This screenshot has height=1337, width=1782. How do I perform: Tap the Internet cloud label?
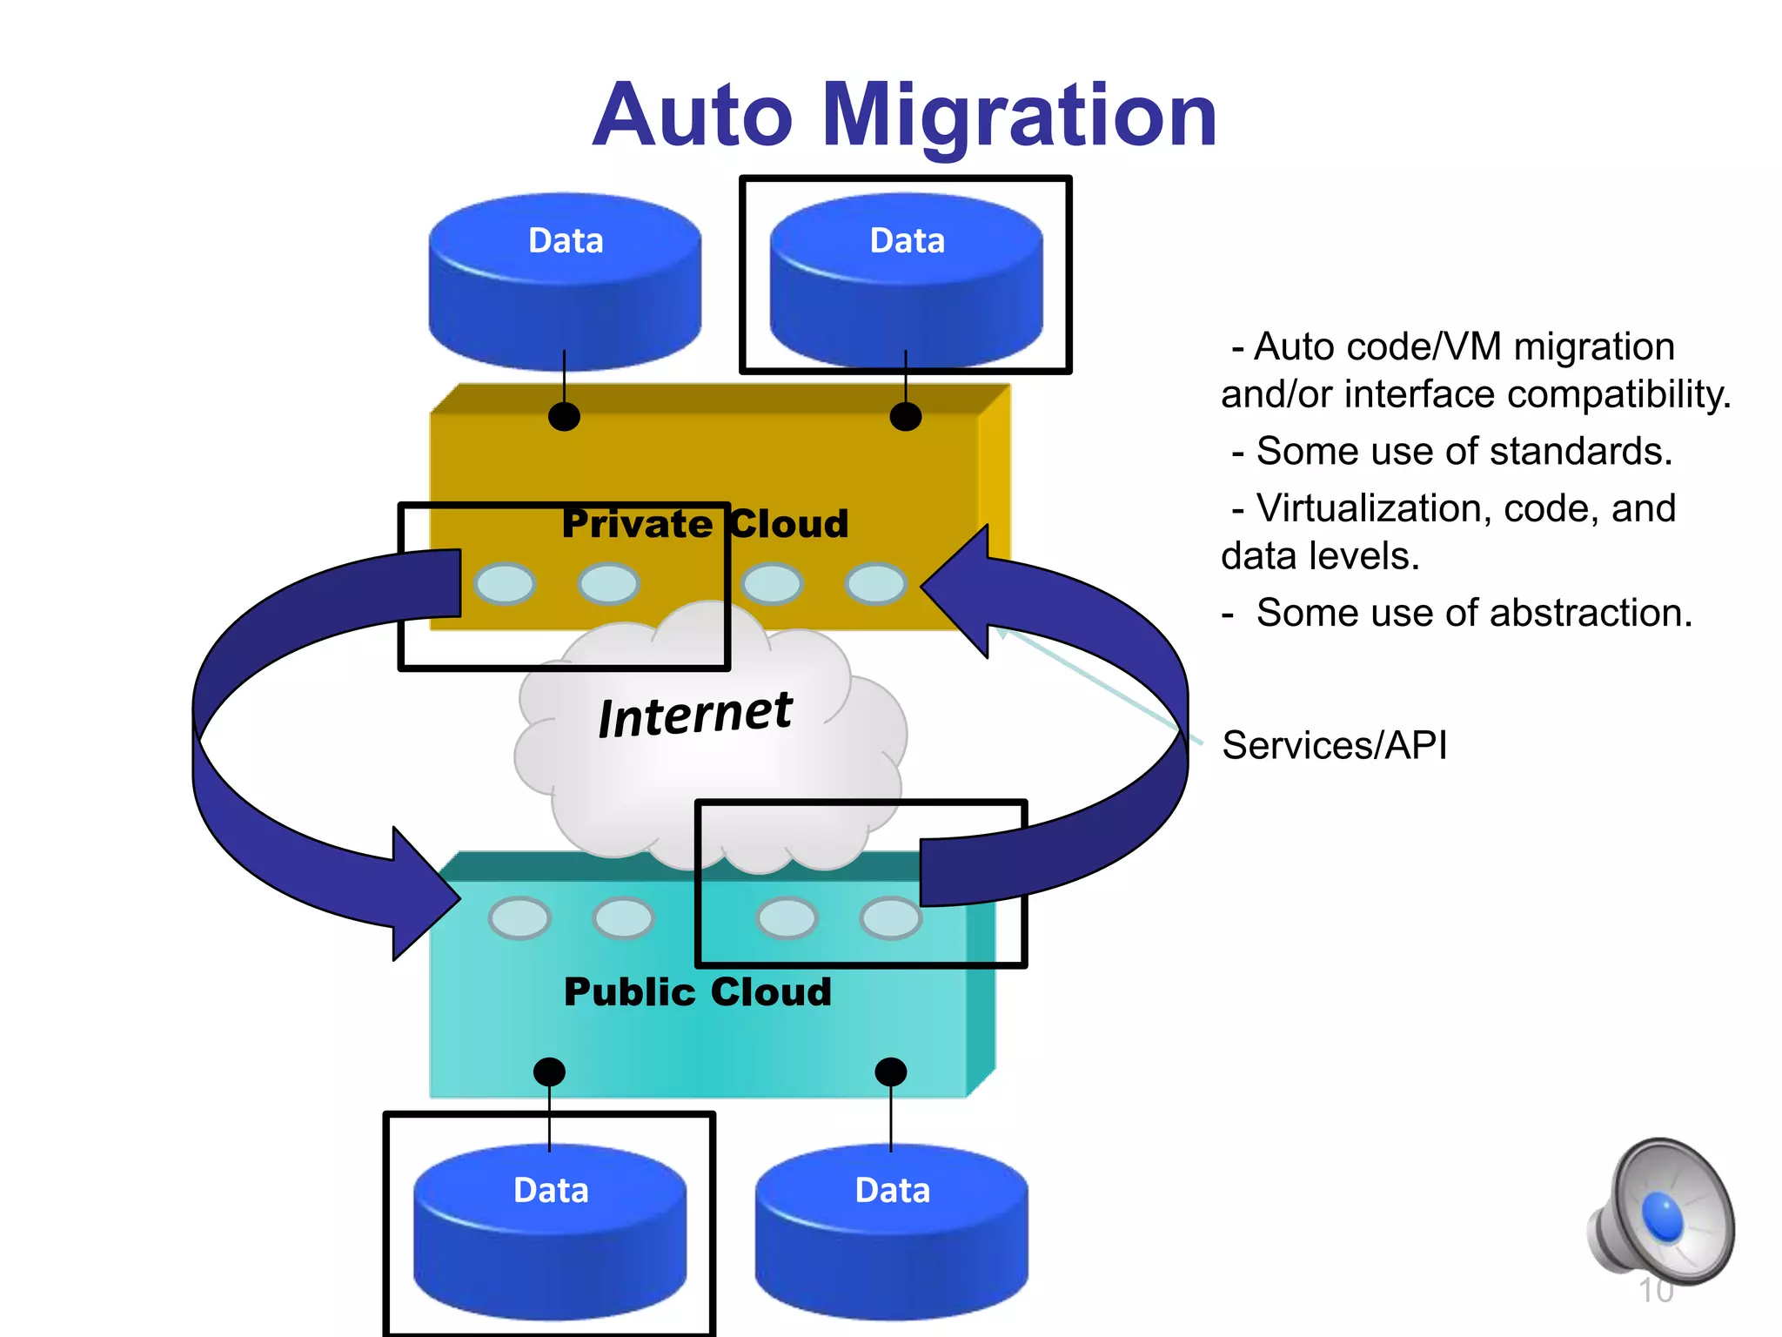coord(695,715)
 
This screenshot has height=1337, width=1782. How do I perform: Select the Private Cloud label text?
coord(705,524)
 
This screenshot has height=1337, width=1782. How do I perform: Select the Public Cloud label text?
coord(698,992)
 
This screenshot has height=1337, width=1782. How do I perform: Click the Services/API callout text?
coord(1334,746)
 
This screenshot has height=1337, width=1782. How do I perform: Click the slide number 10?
coord(1655,1291)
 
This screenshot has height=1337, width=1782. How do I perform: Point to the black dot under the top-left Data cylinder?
coord(564,416)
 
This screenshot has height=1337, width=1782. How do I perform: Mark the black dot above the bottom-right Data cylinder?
coord(890,1072)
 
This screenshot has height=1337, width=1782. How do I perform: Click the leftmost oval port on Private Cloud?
coord(505,583)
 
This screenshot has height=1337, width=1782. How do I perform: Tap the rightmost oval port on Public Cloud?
coord(890,917)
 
